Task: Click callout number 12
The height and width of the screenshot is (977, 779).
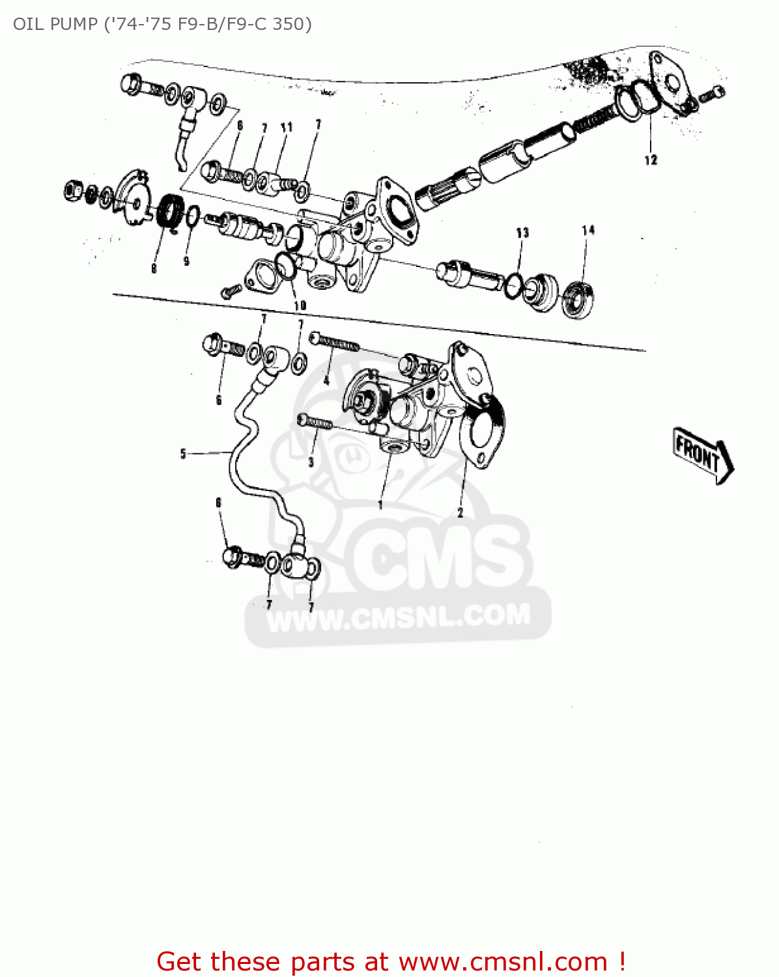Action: pos(651,160)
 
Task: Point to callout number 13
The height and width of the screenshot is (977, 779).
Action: pos(522,233)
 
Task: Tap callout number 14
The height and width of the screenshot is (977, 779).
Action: pos(588,230)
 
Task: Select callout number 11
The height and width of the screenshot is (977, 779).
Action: pos(287,128)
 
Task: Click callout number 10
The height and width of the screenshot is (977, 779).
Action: pos(300,305)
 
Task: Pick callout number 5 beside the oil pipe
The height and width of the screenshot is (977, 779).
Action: pos(183,453)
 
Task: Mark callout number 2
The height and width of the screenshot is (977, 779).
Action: pos(460,513)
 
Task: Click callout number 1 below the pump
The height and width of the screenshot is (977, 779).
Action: pos(380,503)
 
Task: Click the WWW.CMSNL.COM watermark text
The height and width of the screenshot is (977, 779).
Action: pos(399,617)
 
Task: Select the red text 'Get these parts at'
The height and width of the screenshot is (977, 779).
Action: pos(272,961)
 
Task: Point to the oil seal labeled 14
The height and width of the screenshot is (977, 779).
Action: pos(578,300)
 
